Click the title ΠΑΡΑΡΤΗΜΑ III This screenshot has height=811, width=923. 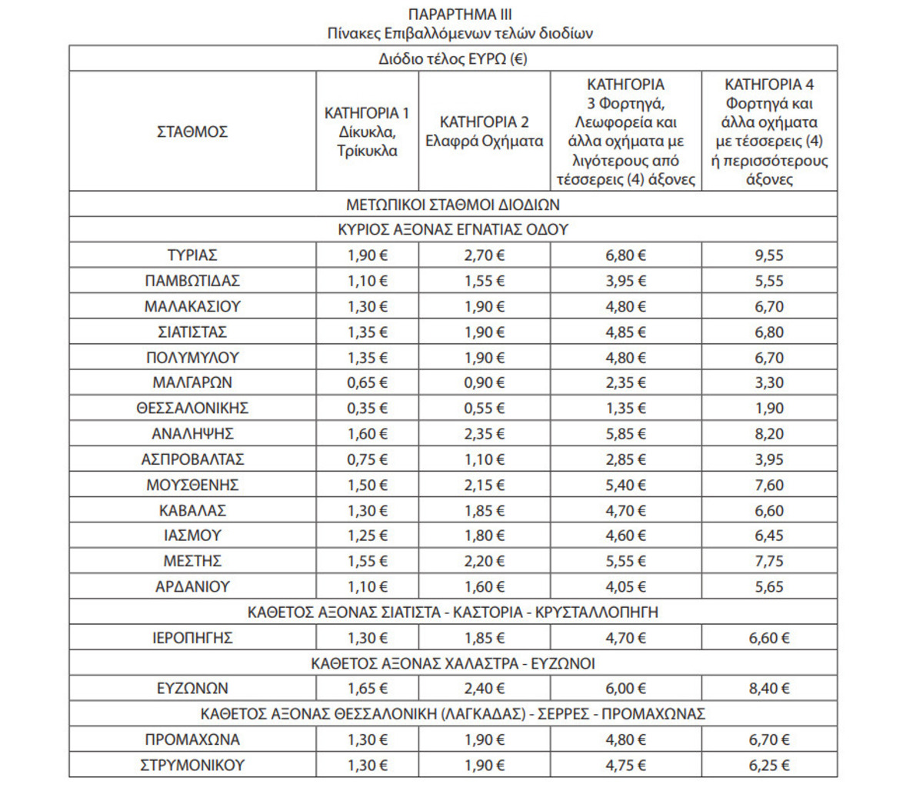click(459, 14)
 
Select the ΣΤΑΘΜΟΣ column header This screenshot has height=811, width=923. click(192, 132)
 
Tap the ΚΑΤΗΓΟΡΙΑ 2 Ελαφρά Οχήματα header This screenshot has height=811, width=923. click(484, 132)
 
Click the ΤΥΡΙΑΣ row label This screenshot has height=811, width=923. click(192, 255)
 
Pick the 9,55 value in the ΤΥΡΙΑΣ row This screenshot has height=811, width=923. click(768, 255)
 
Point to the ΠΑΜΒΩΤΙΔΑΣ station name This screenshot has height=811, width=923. click(192, 281)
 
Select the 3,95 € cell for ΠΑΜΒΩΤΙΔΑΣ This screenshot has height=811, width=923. click(625, 281)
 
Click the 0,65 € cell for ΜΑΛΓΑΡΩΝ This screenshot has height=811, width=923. click(367, 383)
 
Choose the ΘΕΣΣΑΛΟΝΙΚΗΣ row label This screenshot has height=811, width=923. click(192, 409)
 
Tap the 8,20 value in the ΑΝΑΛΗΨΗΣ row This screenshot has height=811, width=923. click(768, 434)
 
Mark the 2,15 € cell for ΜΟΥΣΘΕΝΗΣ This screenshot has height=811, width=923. click(484, 485)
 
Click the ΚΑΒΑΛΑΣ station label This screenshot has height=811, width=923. click(192, 510)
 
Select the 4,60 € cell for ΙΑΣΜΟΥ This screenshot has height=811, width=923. click(625, 536)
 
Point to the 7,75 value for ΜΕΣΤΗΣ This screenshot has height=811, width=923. click(768, 561)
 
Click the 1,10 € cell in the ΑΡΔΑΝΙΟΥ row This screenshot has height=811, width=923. click(367, 586)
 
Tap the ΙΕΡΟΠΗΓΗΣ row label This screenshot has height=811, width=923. click(192, 638)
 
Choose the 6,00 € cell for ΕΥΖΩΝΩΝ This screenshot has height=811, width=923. click(625, 689)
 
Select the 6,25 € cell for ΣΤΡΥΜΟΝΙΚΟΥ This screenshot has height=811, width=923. click(768, 766)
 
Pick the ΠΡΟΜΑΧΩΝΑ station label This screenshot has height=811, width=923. click(192, 739)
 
